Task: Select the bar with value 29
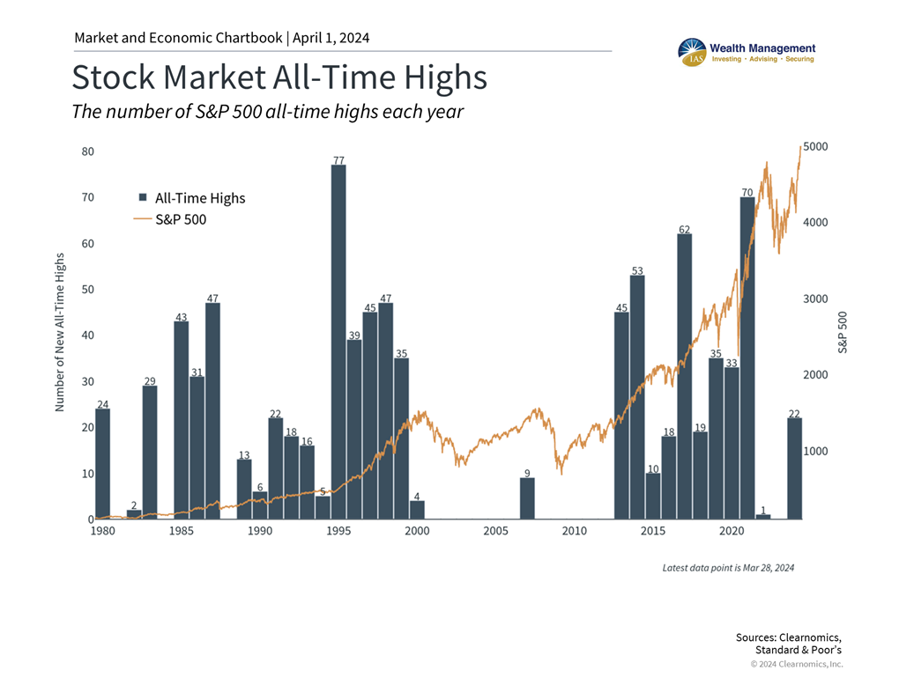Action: pyautogui.click(x=150, y=453)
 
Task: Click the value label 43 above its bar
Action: pyautogui.click(x=181, y=316)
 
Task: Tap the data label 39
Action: pyautogui.click(x=354, y=335)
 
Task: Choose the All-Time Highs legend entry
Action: pyautogui.click(x=192, y=198)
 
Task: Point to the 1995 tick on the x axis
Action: pyautogui.click(x=338, y=531)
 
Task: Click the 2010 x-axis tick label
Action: pyautogui.click(x=574, y=531)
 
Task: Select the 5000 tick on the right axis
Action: pyautogui.click(x=815, y=146)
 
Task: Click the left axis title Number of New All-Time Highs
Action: pyautogui.click(x=60, y=332)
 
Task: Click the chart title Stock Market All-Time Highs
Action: pyautogui.click(x=279, y=77)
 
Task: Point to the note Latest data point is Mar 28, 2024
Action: pyautogui.click(x=728, y=568)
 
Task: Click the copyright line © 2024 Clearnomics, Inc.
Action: pyautogui.click(x=796, y=664)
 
